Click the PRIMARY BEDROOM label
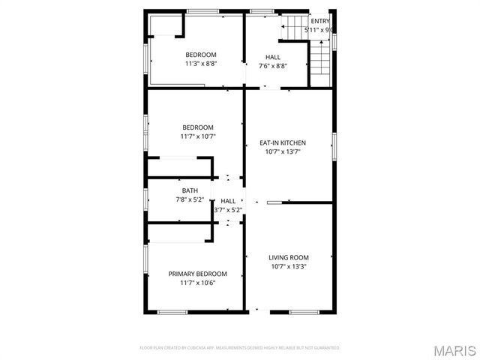pos(197,274)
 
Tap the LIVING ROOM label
pos(289,257)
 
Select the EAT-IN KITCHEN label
pos(283,142)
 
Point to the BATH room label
pos(190,190)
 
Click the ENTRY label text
pos(320,21)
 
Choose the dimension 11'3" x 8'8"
pos(201,64)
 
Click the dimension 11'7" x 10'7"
pos(197,136)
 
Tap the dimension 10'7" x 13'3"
pos(289,266)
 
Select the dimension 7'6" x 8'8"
pos(273,66)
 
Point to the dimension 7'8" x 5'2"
pos(190,199)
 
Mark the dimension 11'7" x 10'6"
pos(197,283)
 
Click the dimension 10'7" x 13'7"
pos(283,151)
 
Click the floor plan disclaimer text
pos(240,348)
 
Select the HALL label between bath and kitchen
pos(228,201)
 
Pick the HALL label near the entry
pos(273,57)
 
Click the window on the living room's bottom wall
pos(303,311)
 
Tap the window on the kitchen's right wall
pos(334,146)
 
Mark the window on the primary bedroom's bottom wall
pos(172,311)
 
